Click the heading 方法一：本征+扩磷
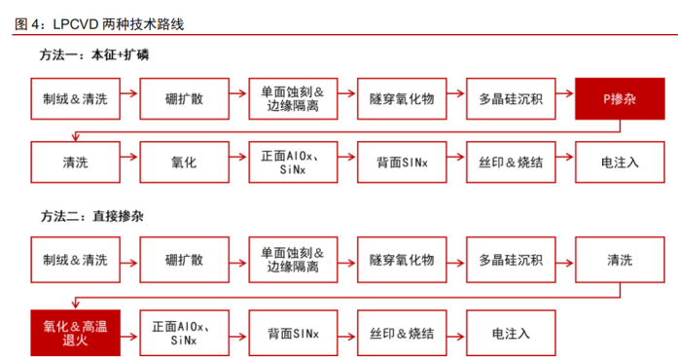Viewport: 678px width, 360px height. (94, 56)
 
